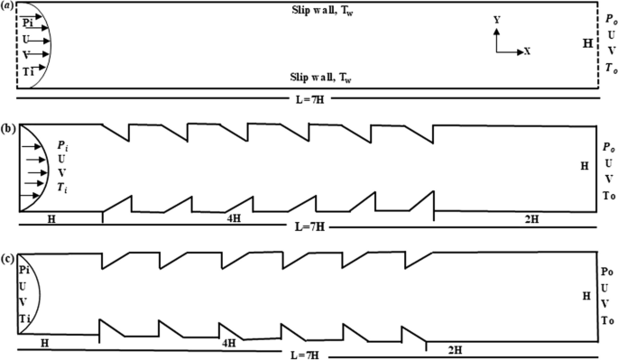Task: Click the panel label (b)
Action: point(7,129)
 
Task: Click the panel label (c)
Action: point(7,262)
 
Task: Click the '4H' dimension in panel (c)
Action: point(229,343)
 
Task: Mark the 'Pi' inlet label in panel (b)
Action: point(60,143)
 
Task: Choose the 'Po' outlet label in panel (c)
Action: point(606,271)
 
